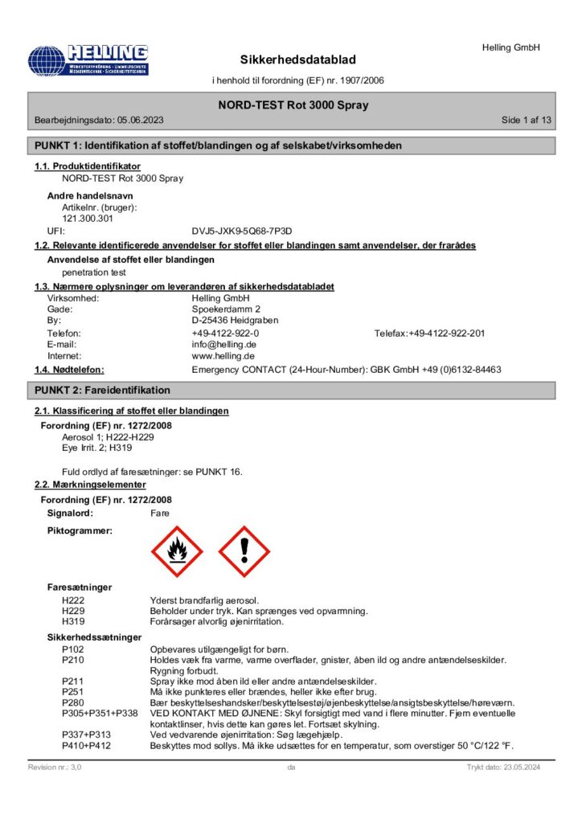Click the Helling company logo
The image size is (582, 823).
(88, 60)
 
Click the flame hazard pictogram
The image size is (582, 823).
(177, 551)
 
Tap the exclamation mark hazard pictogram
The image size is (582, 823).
(244, 551)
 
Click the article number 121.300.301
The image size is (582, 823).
(88, 218)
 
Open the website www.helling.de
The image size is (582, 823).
(223, 355)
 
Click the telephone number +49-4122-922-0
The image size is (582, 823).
(225, 333)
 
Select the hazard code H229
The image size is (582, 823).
(74, 611)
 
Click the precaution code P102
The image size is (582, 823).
(74, 649)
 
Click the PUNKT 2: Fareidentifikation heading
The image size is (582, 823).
(102, 390)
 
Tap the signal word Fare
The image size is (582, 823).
(160, 512)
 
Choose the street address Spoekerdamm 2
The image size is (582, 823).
(226, 309)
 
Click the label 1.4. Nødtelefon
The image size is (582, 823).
(70, 370)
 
